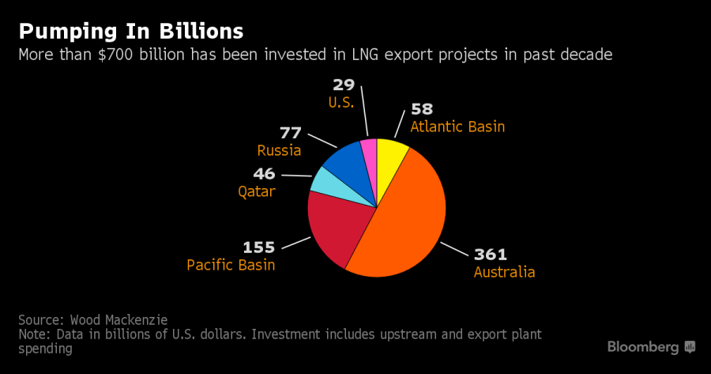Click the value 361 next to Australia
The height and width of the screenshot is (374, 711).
pos(490,255)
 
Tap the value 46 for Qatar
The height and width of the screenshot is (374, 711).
pos(264,174)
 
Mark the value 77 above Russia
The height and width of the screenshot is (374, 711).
pos(290,133)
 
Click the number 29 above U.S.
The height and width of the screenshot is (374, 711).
pos(346,85)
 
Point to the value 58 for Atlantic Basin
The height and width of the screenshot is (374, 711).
pos(422,109)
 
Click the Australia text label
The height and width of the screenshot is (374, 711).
pos(504,273)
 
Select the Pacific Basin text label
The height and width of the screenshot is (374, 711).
pos(231,265)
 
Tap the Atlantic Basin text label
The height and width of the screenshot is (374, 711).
pos(457,127)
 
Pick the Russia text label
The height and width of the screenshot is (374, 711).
pos(280,150)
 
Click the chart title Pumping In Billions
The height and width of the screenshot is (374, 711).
pos(130,32)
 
